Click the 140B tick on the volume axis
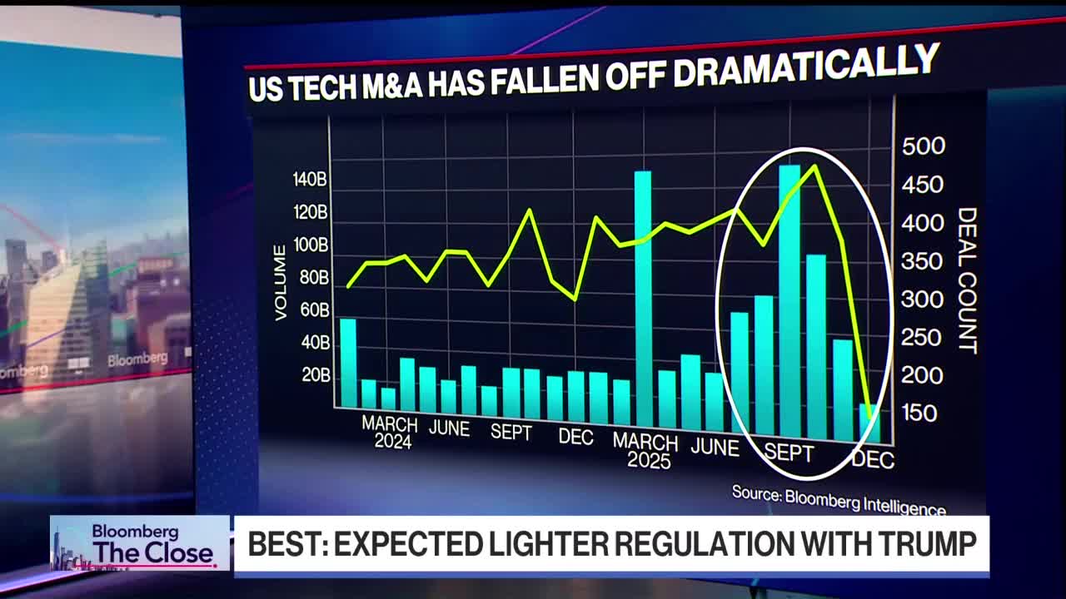pyautogui.click(x=309, y=180)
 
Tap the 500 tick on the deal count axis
pyautogui.click(x=924, y=146)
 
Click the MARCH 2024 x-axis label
pyautogui.click(x=390, y=432)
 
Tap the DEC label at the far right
pyautogui.click(x=873, y=459)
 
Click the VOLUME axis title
pyautogui.click(x=281, y=282)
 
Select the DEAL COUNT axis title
pyautogui.click(x=967, y=280)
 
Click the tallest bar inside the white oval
pyautogui.click(x=790, y=299)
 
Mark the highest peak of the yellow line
pyautogui.click(x=814, y=166)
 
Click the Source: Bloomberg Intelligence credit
pyautogui.click(x=839, y=500)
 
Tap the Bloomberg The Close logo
pyautogui.click(x=139, y=543)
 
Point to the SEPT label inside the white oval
pyautogui.click(x=788, y=453)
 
